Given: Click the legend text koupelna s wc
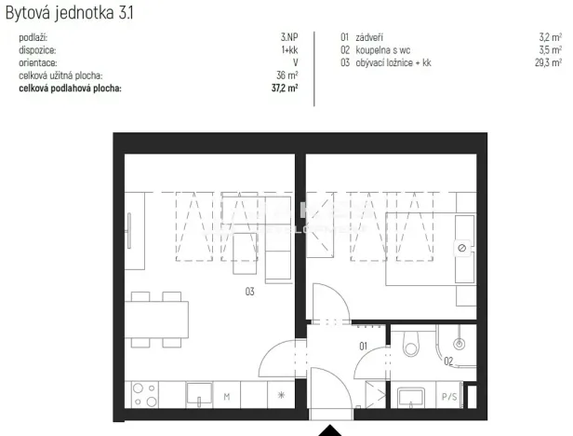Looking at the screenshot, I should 385,51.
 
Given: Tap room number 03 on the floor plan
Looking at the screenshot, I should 249,292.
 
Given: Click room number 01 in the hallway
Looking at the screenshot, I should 364,347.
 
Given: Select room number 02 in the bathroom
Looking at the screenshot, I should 447,360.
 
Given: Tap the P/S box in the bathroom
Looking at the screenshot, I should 449,397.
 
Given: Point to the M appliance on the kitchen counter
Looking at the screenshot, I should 226,397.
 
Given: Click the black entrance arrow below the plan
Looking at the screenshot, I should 331,429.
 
